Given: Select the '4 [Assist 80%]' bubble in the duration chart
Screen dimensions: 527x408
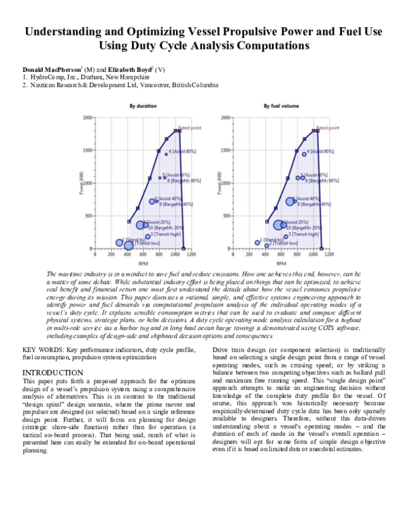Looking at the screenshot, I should pos(166,154).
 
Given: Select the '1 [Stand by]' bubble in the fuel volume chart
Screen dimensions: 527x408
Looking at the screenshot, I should pos(258,242).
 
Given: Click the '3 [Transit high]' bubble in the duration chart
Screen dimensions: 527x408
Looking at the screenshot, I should pos(148,236).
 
